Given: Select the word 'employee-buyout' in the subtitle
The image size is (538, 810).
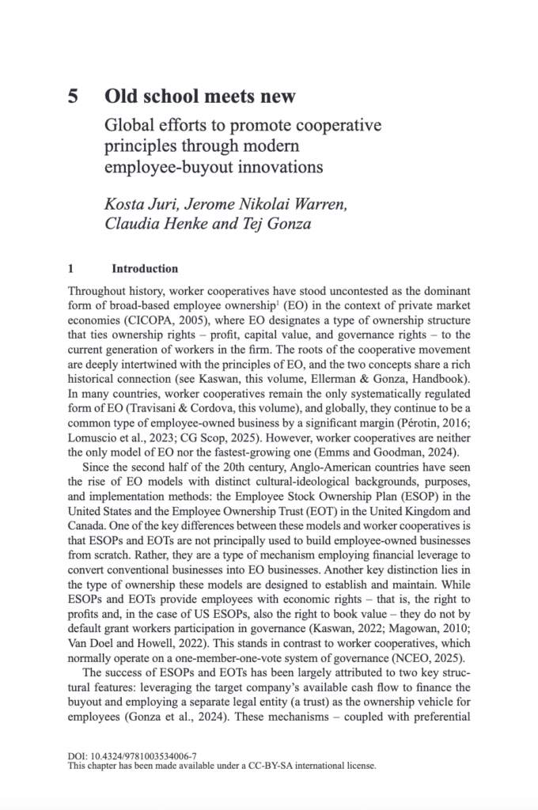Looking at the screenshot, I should [x=164, y=168].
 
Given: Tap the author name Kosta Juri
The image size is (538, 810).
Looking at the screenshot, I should [x=140, y=206].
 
